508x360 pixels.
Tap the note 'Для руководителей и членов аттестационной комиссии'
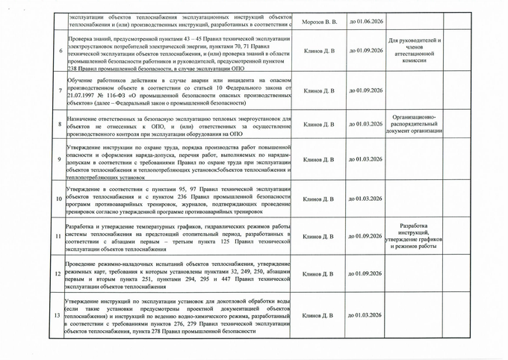[x=416, y=52]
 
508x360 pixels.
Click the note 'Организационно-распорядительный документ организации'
[x=416, y=124]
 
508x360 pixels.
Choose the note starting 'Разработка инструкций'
[x=415, y=235]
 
